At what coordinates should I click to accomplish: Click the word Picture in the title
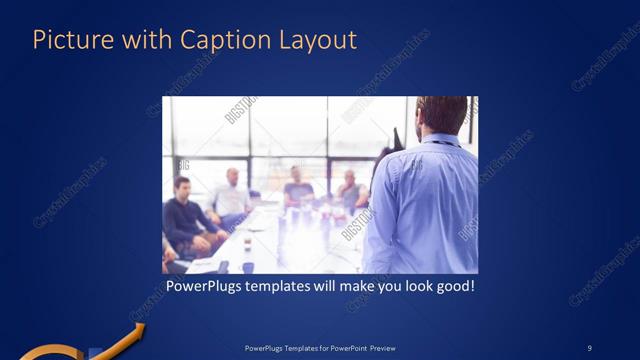click(x=71, y=40)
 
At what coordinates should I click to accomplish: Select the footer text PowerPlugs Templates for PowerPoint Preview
click(x=319, y=347)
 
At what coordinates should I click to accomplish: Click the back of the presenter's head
click(x=440, y=112)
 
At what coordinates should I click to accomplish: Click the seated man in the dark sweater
click(x=184, y=215)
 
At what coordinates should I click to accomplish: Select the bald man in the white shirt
click(x=231, y=193)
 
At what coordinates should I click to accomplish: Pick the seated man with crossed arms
click(x=349, y=192)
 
